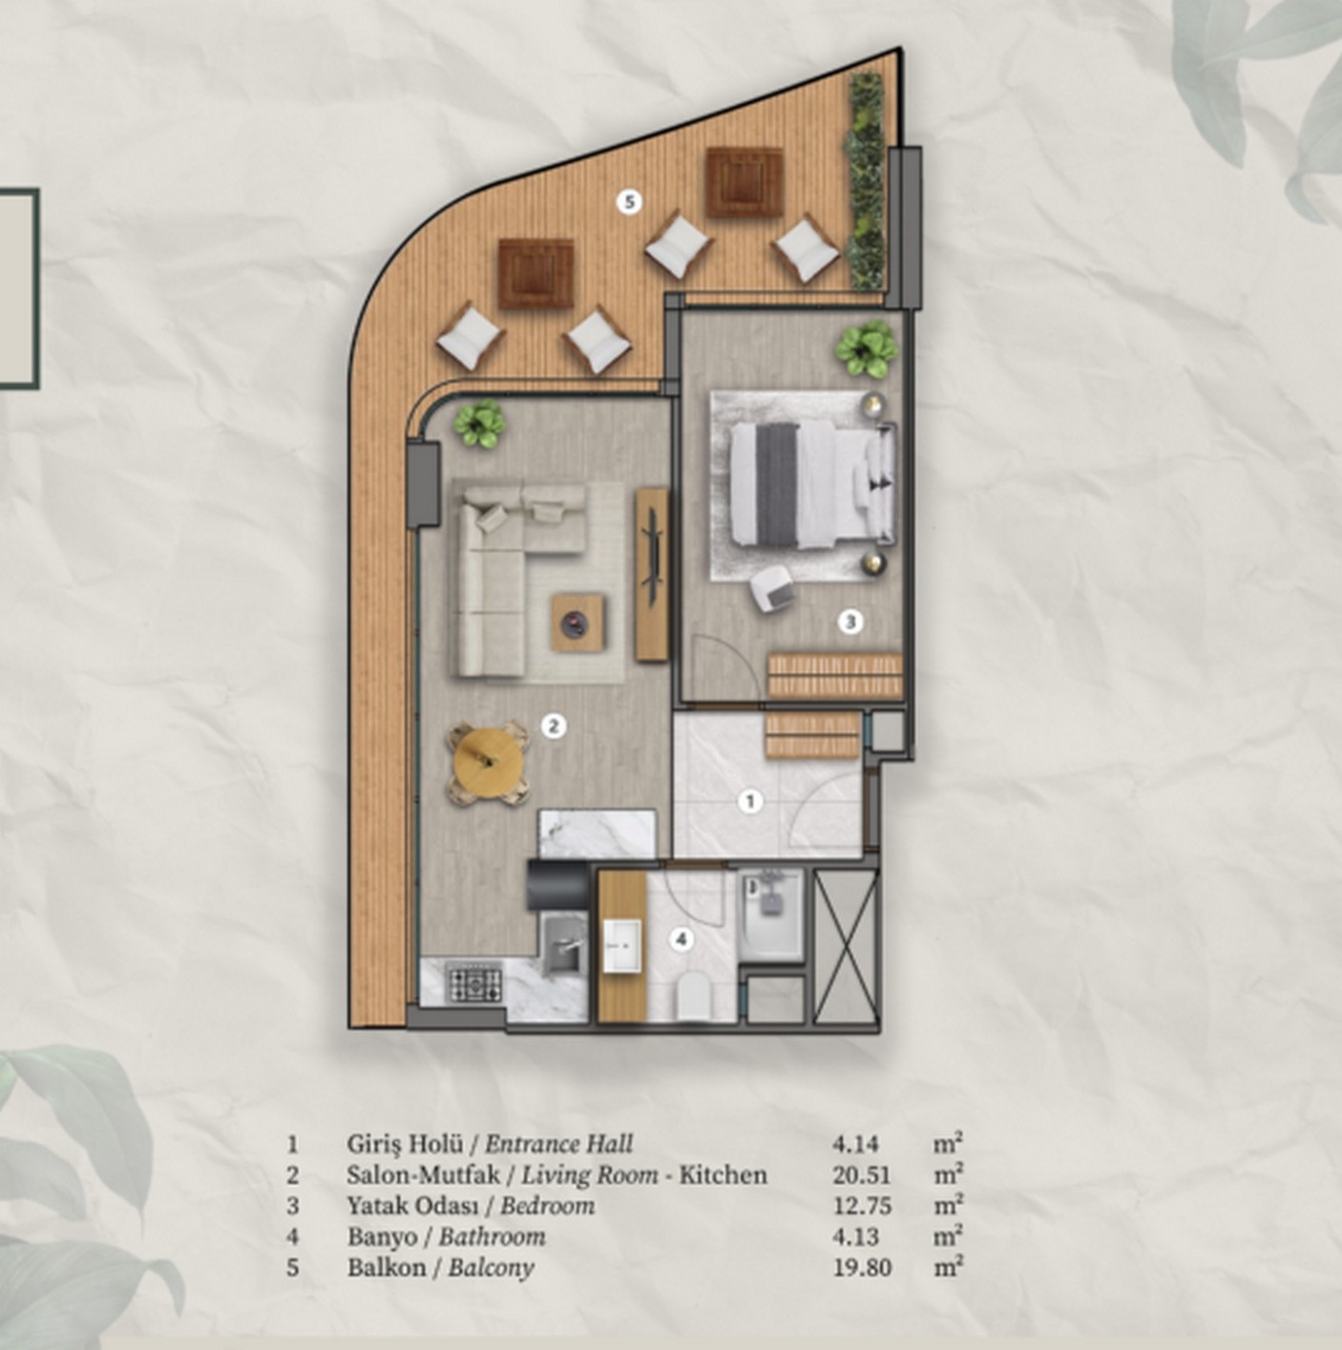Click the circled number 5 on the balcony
[x=629, y=202]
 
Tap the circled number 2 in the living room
[x=554, y=727]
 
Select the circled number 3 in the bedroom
[x=850, y=621]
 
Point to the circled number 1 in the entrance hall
[x=751, y=801]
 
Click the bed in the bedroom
[x=812, y=486]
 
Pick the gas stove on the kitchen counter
[x=475, y=982]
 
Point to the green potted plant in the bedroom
[x=868, y=348]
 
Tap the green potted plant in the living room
[x=479, y=423]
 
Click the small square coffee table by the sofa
[x=577, y=622]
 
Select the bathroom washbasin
[x=622, y=946]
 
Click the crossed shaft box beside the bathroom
[x=846, y=946]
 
